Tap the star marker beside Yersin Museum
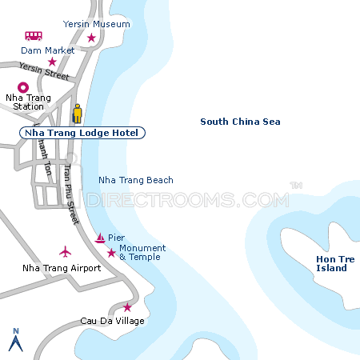click(91, 38)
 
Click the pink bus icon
click(34, 36)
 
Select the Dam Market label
click(48, 50)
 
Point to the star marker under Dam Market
click(52, 62)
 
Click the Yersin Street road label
click(44, 72)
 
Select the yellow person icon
click(78, 113)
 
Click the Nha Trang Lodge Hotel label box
click(82, 133)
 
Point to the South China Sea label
click(240, 122)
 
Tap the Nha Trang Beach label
click(135, 180)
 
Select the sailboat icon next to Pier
click(100, 238)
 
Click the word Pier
click(117, 238)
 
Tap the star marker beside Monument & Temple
click(110, 253)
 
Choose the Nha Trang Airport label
click(62, 268)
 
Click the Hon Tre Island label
click(331, 264)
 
